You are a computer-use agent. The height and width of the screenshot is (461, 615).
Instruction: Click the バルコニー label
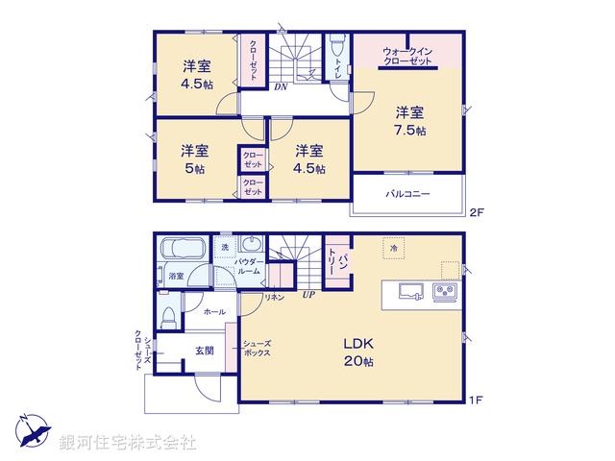[x=408, y=193]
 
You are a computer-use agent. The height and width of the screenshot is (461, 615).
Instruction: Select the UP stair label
[x=308, y=295]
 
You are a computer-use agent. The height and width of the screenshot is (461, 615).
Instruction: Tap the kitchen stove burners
[x=445, y=291]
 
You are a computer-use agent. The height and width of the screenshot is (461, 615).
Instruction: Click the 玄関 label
[x=205, y=350]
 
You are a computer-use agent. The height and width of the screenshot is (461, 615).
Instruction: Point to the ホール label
[x=214, y=311]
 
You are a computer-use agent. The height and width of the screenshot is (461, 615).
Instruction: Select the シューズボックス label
[x=256, y=349]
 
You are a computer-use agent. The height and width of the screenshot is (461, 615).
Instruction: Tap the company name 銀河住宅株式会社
[x=128, y=443]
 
